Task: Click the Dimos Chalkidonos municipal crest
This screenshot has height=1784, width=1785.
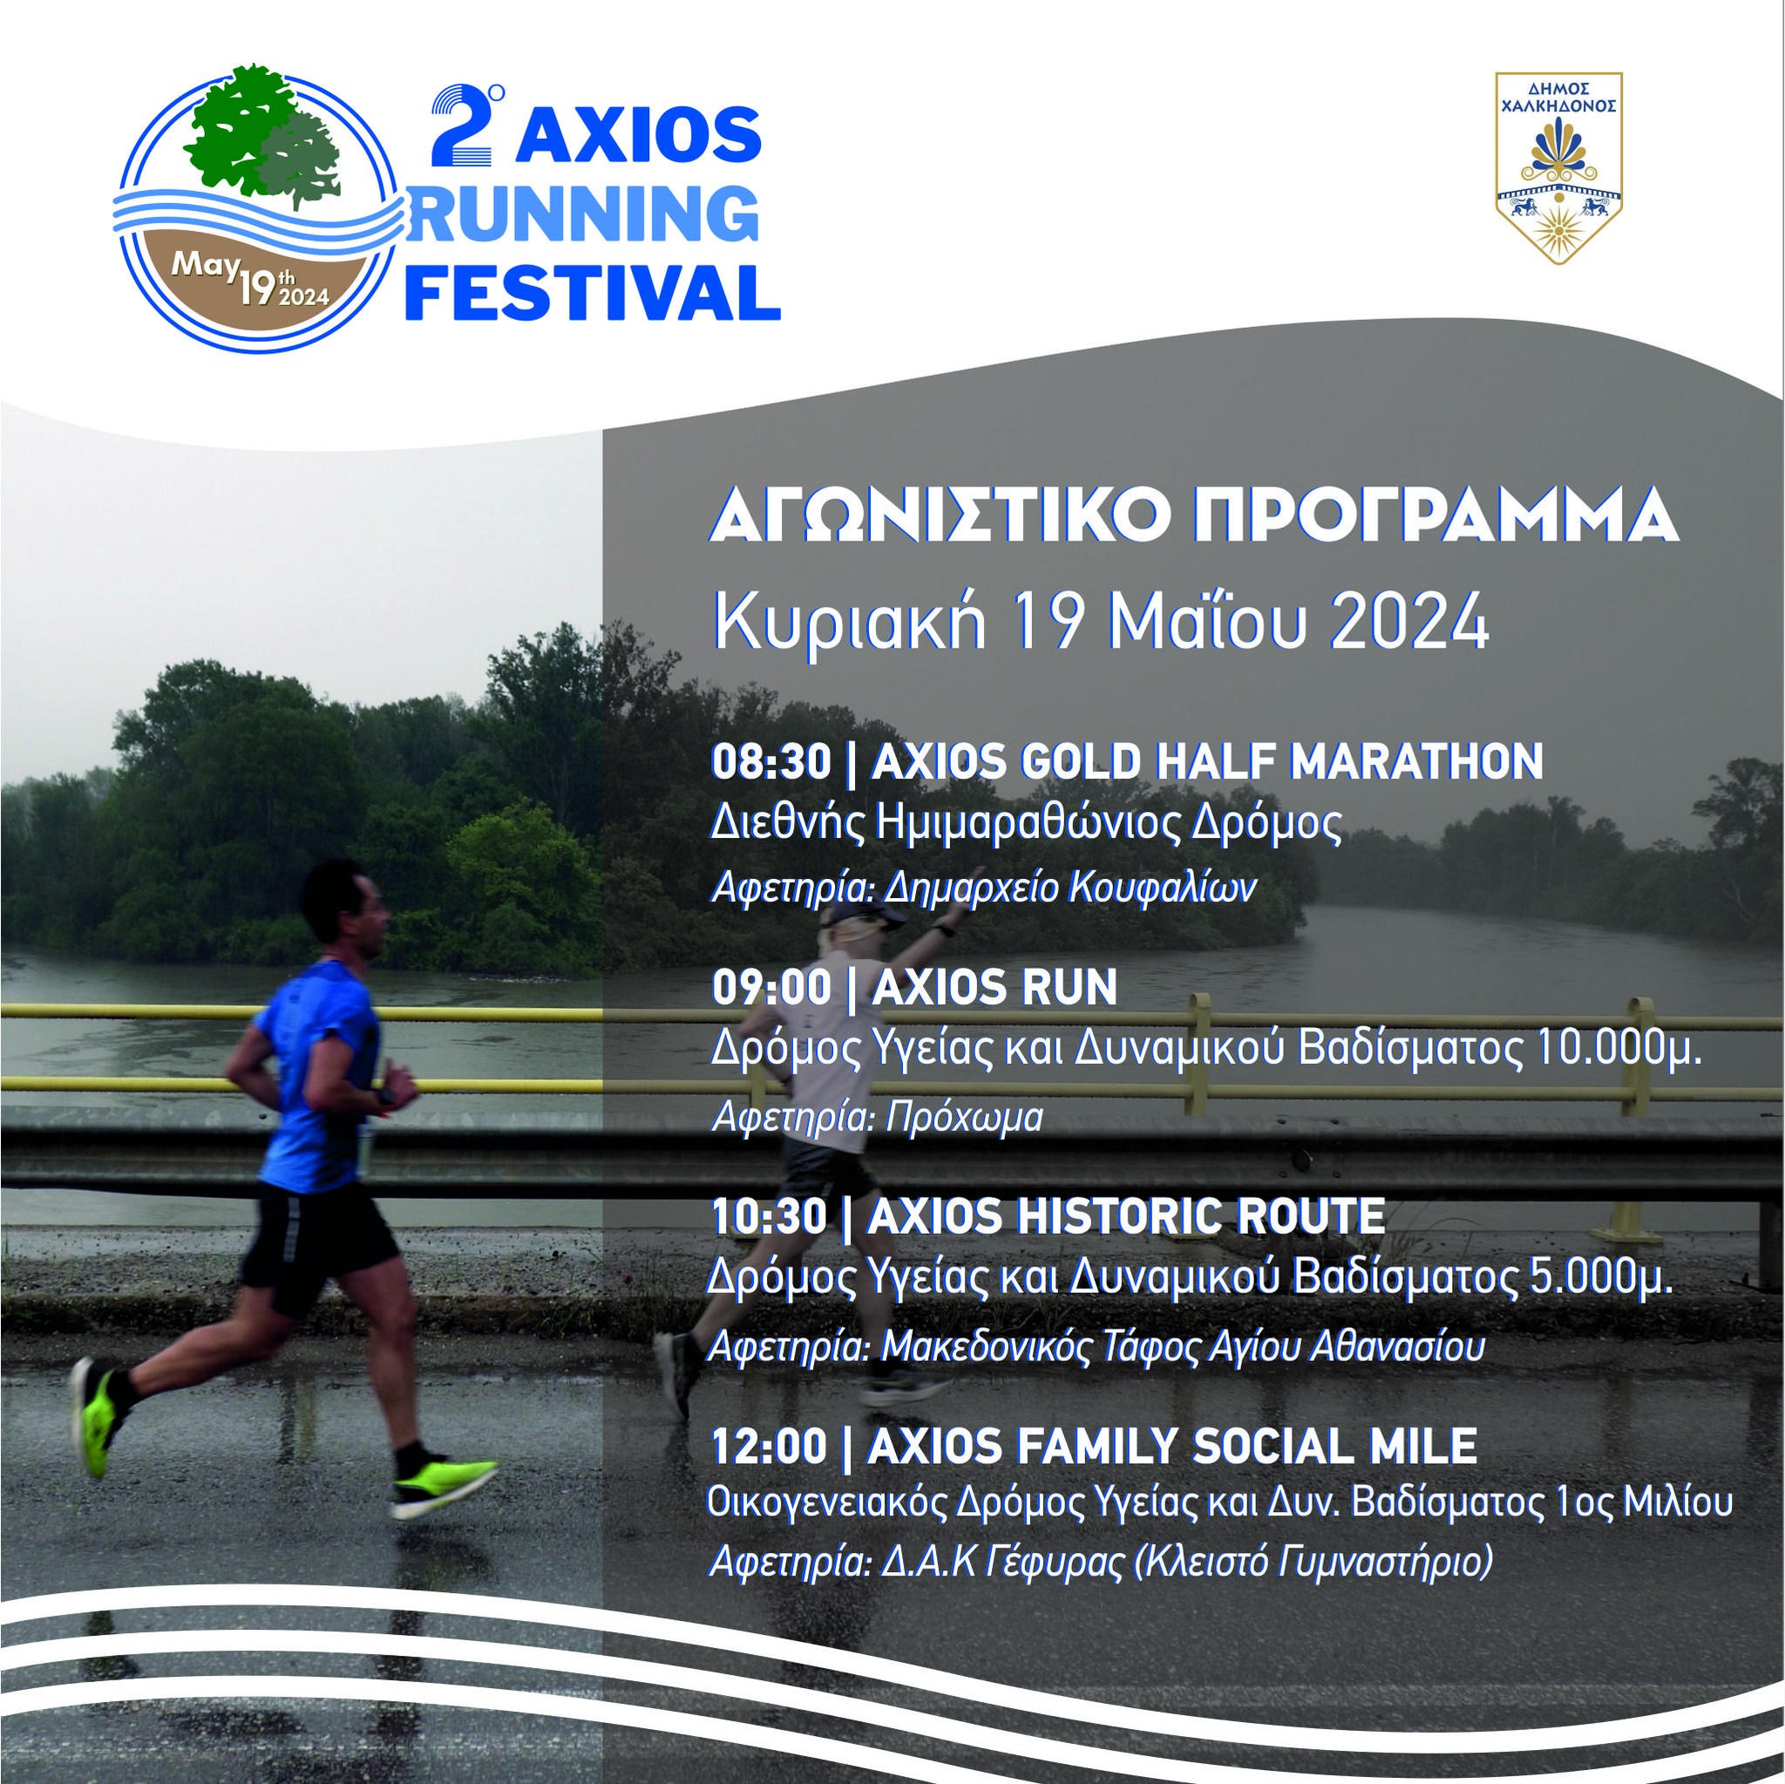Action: pos(1558,168)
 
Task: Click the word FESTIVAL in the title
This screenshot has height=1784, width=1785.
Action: pos(594,291)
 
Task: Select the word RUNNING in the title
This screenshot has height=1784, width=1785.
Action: pos(589,213)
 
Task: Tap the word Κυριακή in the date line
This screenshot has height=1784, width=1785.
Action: pos(849,623)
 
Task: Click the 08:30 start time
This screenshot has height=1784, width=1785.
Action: pos(770,763)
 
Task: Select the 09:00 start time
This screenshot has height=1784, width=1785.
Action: pos(770,988)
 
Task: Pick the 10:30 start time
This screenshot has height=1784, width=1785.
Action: pos(769,1216)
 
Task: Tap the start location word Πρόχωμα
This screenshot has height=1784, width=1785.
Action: pos(964,1118)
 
